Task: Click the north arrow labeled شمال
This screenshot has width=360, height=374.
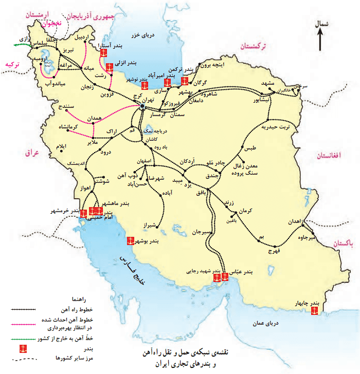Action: [320, 39]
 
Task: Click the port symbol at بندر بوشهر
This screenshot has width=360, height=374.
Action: [131, 240]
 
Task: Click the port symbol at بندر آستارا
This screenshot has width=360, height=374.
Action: [104, 53]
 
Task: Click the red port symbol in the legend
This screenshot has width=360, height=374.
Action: [22, 348]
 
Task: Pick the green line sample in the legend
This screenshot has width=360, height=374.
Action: [23, 339]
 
